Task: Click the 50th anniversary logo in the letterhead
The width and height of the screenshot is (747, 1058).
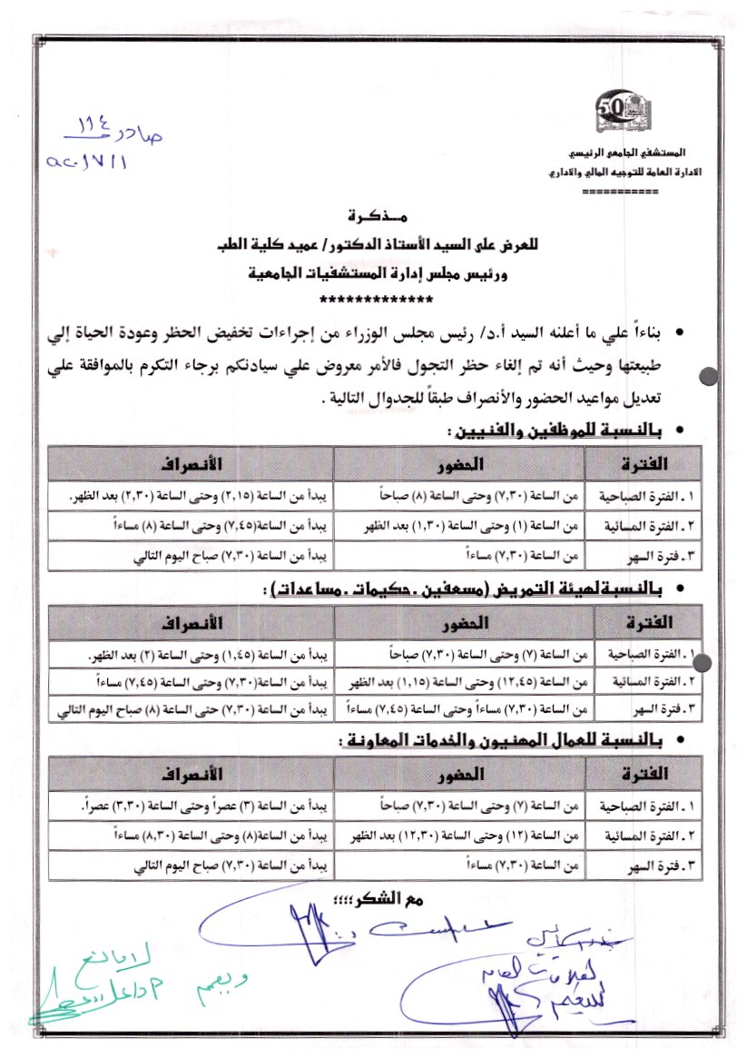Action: [617, 114]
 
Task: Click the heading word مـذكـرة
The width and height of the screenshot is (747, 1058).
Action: [376, 218]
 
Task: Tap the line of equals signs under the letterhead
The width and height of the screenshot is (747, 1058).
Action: [619, 193]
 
